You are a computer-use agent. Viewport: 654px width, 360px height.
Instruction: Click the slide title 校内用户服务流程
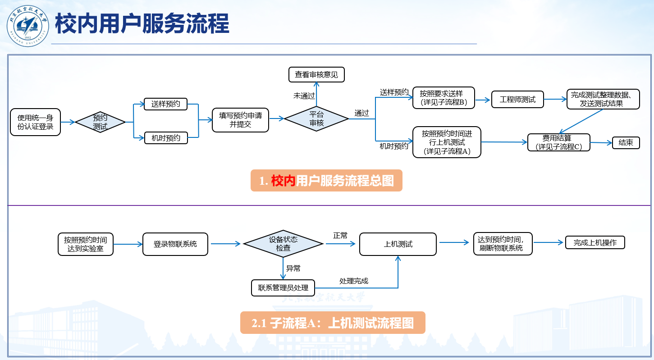tap(142, 24)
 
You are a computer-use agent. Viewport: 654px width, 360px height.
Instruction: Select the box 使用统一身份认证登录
tap(35, 122)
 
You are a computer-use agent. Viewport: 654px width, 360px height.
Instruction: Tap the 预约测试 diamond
tap(100, 122)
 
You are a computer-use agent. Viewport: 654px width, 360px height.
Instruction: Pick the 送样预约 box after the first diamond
tap(165, 104)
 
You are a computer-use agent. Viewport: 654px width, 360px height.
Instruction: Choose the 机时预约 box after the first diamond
tap(165, 138)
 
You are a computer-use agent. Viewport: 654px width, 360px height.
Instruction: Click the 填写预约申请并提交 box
tap(240, 119)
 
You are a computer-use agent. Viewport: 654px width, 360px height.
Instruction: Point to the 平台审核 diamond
tap(316, 119)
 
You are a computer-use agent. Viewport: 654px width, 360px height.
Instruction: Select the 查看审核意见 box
tap(316, 74)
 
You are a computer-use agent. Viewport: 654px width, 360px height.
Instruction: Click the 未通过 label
tap(304, 96)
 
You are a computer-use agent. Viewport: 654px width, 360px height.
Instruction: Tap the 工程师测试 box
tap(517, 100)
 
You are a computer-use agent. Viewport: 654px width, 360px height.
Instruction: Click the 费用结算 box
tap(558, 142)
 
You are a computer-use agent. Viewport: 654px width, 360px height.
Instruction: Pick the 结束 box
tap(626, 143)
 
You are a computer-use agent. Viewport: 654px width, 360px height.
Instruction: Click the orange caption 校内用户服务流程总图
tap(326, 181)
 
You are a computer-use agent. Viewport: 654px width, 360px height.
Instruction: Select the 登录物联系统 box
tap(175, 244)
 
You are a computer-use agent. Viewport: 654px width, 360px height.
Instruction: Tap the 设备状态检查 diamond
tap(283, 244)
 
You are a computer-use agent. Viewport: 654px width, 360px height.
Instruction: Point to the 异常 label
tap(293, 269)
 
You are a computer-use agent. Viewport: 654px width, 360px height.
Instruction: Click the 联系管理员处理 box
tap(283, 287)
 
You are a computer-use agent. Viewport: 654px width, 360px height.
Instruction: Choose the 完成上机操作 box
tap(595, 242)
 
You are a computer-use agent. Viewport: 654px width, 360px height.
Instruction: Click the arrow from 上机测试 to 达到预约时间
tap(454, 242)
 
